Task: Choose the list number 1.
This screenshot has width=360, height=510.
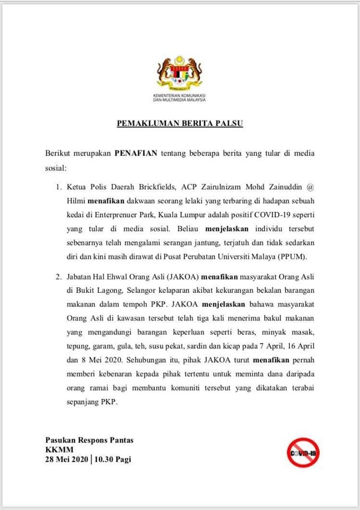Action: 58,187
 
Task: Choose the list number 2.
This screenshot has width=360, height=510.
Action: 58,277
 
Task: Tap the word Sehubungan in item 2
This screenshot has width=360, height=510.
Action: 137,360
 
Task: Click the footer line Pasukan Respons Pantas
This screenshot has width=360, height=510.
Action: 89,440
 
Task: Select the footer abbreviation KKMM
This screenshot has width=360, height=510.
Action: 56,450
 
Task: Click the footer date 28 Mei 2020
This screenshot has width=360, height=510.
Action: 66,460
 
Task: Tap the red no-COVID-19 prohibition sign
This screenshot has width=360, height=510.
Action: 303,453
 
